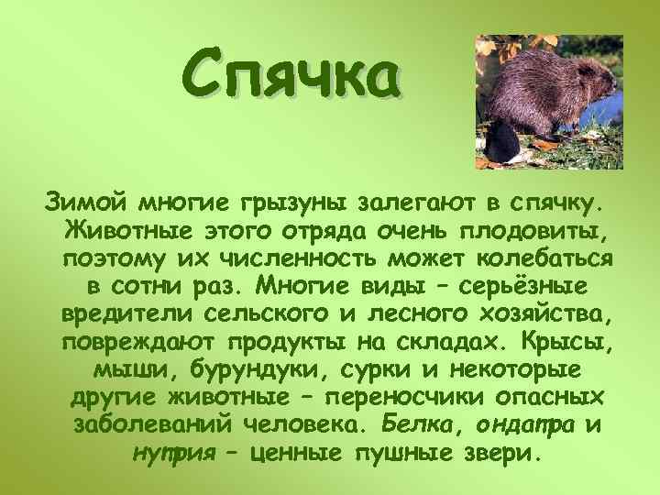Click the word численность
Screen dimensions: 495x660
(x=236, y=258)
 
